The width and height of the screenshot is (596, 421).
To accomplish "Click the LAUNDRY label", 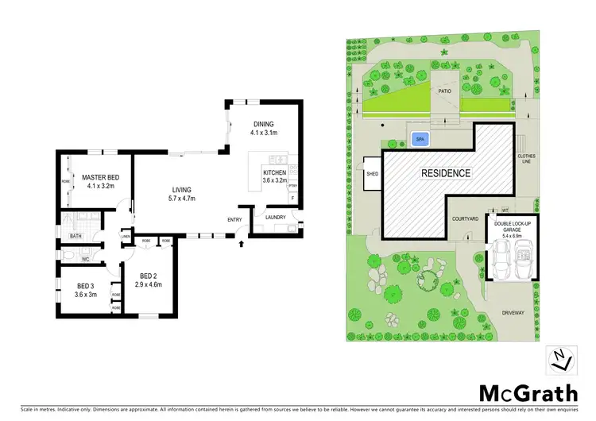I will coord(276,216).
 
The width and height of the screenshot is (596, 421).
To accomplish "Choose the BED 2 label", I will coord(148,280).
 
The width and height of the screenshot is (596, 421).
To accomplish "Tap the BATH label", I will coord(75,236).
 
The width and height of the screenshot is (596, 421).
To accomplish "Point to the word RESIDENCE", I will coord(445,172).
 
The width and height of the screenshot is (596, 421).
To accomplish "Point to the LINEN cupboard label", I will coord(126,236).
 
